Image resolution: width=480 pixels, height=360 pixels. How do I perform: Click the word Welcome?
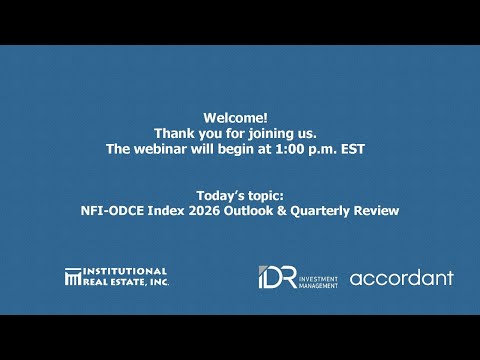[x=240, y=116]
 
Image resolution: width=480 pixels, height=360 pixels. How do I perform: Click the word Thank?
[x=173, y=132]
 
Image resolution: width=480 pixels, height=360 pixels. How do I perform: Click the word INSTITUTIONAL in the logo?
[x=125, y=271]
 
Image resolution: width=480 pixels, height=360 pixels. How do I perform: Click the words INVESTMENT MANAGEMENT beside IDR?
[x=318, y=277]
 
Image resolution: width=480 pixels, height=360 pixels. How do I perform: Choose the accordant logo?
[x=402, y=277]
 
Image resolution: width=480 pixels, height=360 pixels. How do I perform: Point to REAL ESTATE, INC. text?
[x=125, y=282]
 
